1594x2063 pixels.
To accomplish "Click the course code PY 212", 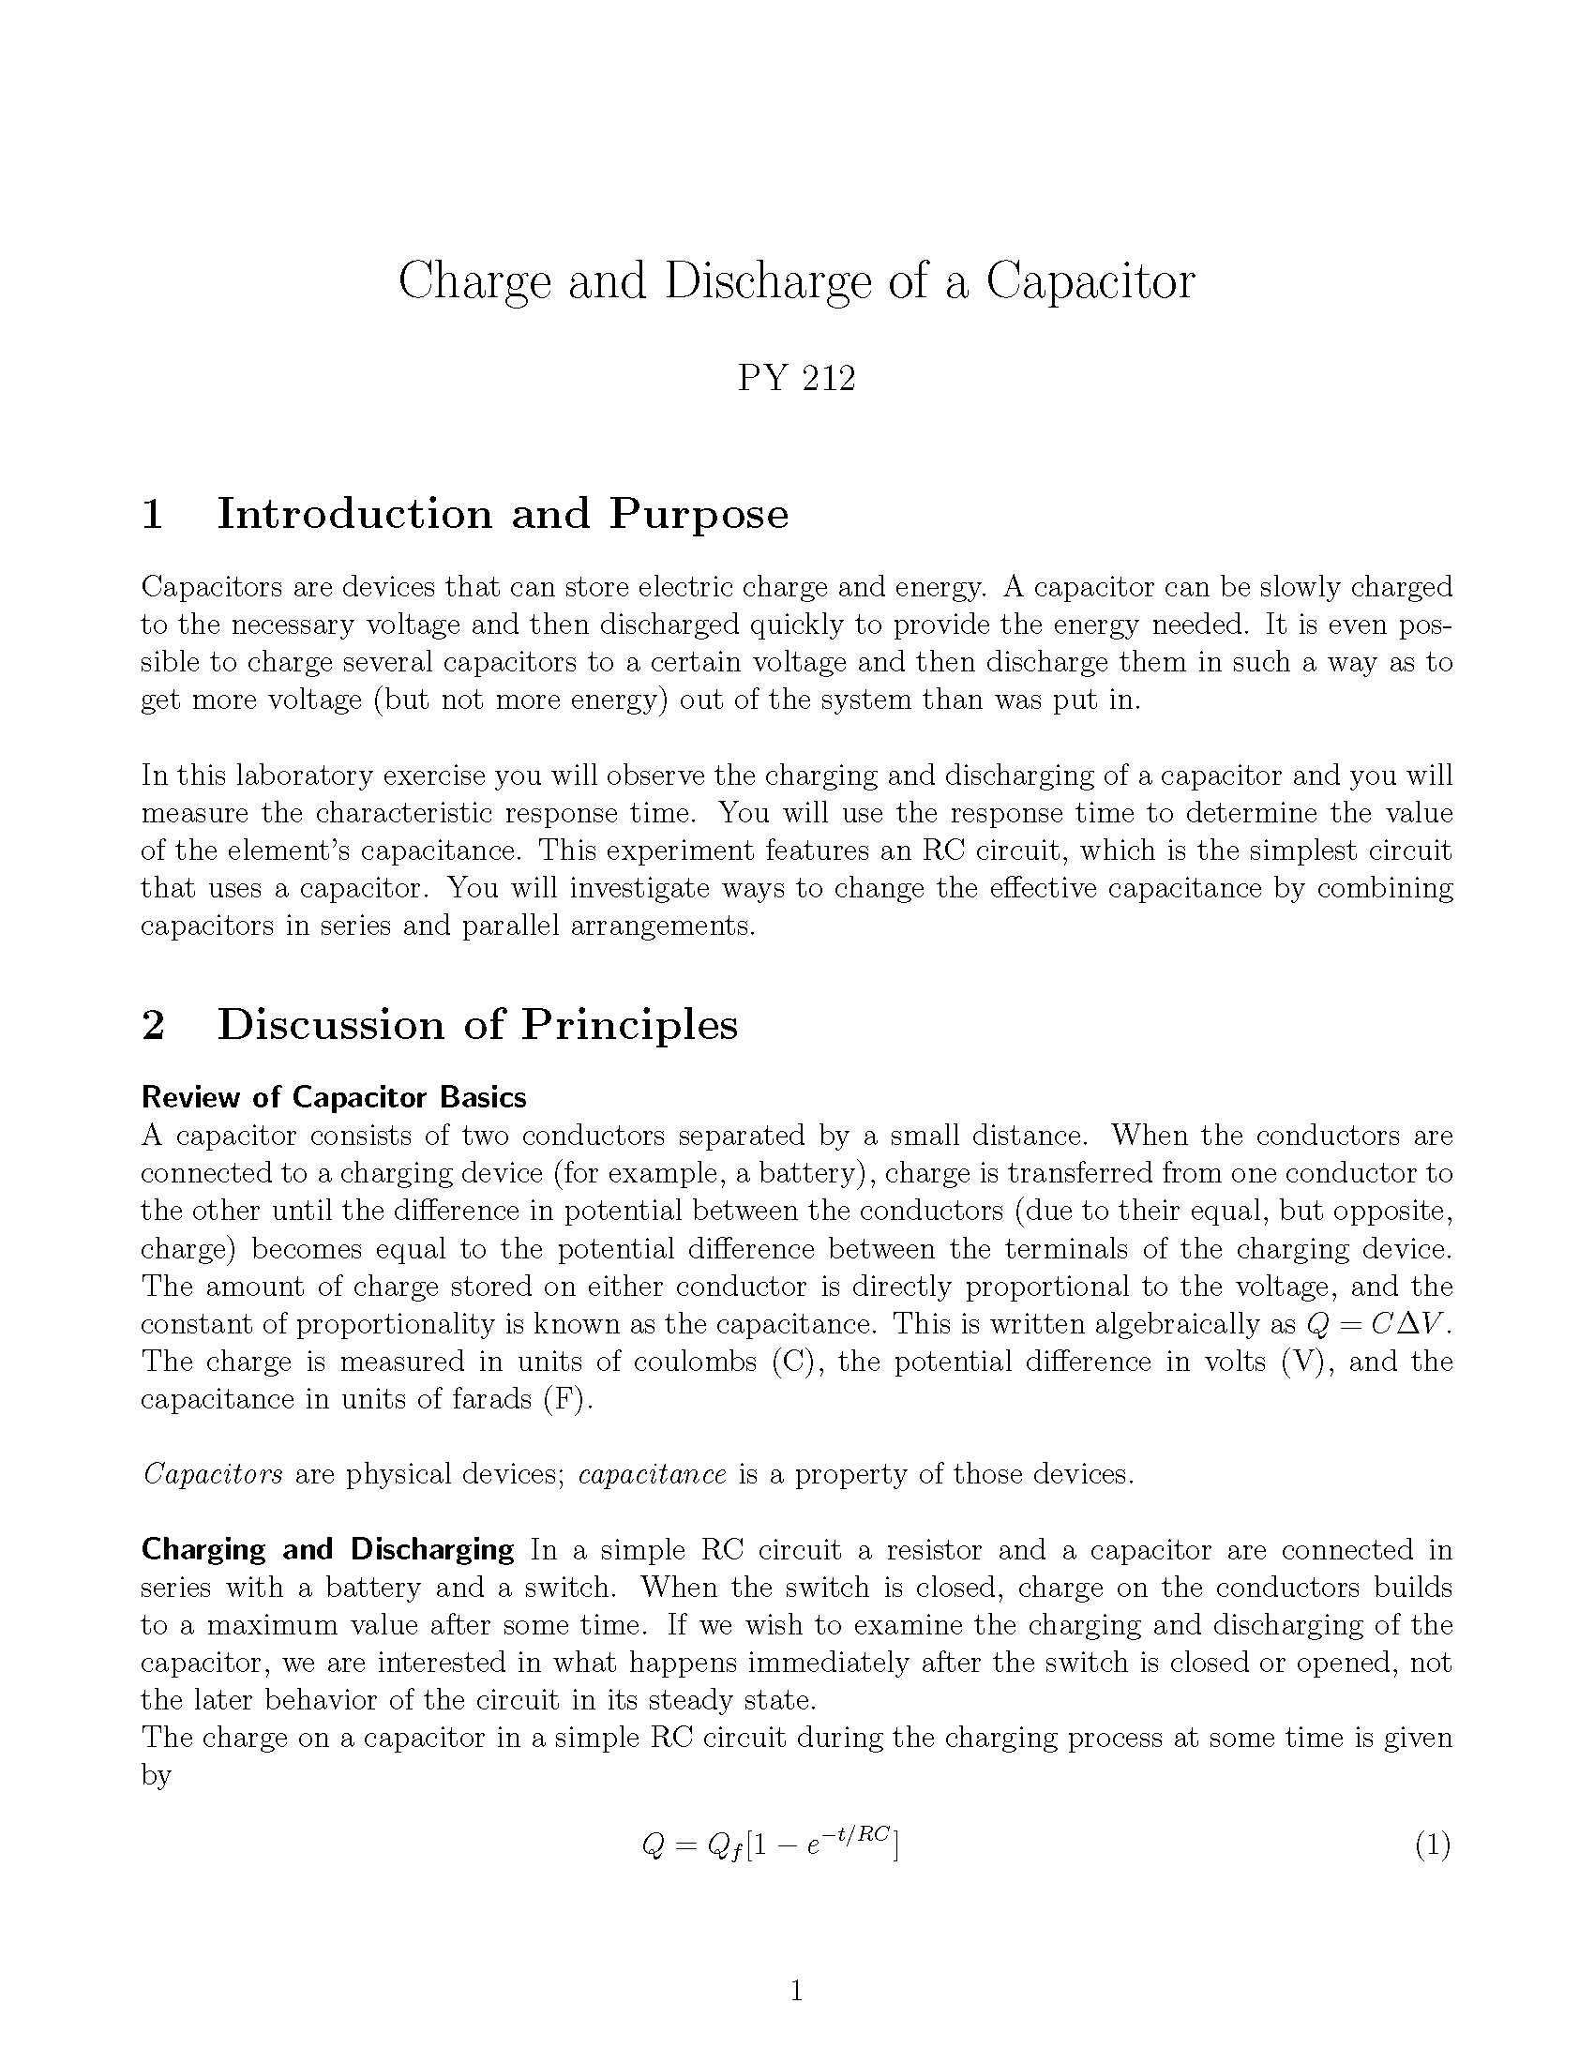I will point(796,379).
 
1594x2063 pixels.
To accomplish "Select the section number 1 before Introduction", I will point(152,514).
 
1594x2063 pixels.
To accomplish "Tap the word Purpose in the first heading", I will point(698,516).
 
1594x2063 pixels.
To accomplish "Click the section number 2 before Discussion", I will point(153,1025).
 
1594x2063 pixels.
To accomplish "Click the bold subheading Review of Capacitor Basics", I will point(334,1098).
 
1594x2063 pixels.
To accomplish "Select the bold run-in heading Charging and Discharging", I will point(326,1550).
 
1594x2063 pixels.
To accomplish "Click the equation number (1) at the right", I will point(1432,1845).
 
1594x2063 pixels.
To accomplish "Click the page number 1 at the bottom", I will point(796,1992).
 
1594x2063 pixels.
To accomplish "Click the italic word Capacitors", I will point(213,1474).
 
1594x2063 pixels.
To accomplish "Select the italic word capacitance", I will point(653,1474).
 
